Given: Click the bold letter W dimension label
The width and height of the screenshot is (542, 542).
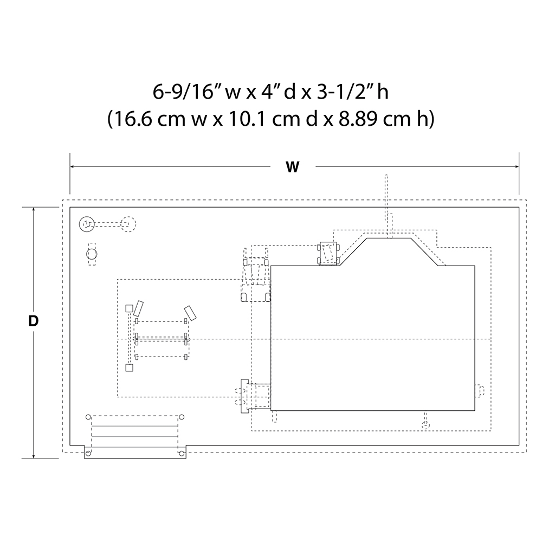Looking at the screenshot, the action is point(293,167).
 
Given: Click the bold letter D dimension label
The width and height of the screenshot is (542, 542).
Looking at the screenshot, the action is point(33,321).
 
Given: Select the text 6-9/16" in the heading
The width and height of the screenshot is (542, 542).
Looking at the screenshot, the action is point(187,92).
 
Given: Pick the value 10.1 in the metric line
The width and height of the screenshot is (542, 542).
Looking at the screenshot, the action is point(248,119).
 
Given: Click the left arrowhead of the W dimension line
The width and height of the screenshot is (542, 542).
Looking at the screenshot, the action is point(73,166).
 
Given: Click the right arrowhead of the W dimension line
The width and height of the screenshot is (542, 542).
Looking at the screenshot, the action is point(517,166).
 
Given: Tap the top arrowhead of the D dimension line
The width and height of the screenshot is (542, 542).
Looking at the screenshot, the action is point(34,210).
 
